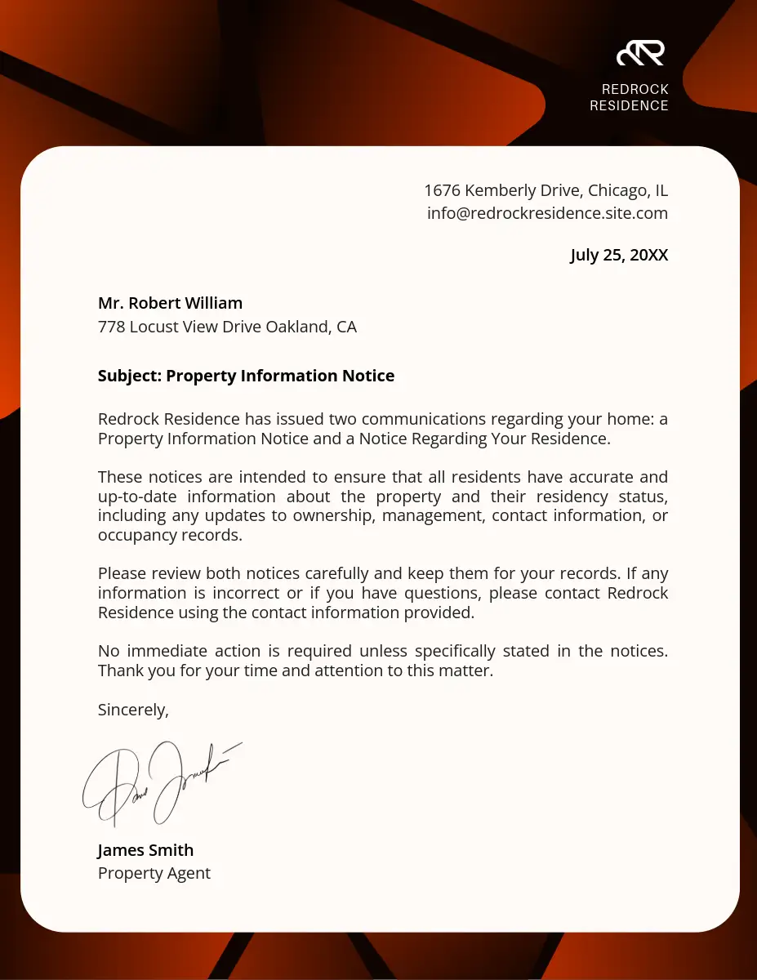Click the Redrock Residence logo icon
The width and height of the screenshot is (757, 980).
[x=640, y=53]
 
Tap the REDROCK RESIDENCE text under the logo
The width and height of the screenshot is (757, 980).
[x=629, y=97]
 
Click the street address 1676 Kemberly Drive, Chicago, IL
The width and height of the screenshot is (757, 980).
[x=545, y=191]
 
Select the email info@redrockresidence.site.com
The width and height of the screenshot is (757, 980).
[x=547, y=214]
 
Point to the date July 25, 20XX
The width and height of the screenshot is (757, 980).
[x=619, y=256]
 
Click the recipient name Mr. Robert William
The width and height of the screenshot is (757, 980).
[x=170, y=304]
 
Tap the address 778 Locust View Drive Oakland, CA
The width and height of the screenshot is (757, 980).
[x=227, y=327]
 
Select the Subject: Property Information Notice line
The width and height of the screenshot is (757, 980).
[x=246, y=376]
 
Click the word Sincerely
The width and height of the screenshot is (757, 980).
[x=133, y=710]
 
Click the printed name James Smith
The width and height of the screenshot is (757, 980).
[x=145, y=850]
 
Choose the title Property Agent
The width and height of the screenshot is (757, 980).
[x=154, y=874]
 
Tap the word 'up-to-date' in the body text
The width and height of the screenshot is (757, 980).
[x=136, y=497]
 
